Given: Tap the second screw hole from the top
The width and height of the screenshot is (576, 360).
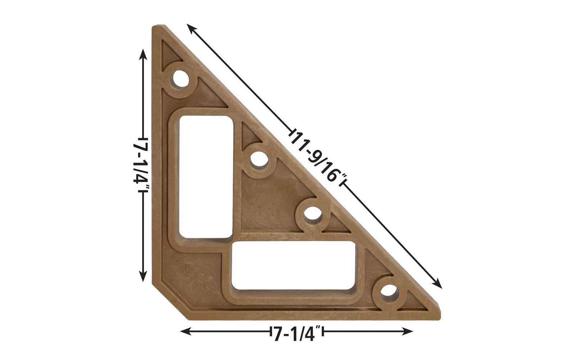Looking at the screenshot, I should click(x=259, y=159).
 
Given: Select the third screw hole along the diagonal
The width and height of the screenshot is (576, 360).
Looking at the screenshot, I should click(x=312, y=215).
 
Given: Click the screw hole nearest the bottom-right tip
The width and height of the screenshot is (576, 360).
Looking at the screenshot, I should click(x=389, y=290).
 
